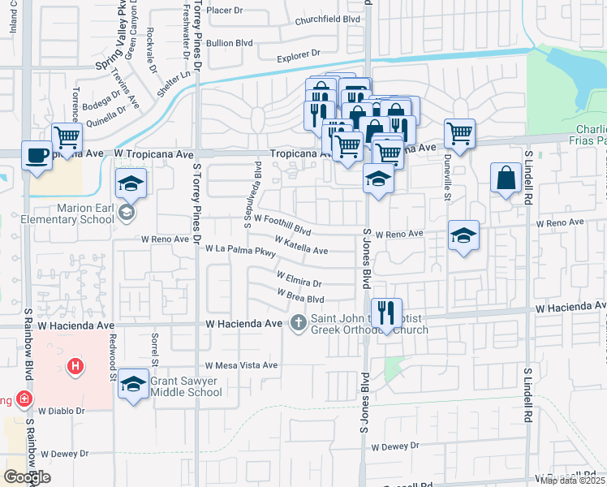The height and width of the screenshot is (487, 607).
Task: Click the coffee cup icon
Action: pos(37,155)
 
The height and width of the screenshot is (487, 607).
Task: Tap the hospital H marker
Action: pos(75,368)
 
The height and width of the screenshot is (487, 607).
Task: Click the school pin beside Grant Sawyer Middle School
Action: pos(133,382)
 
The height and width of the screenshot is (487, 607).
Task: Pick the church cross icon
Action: pos(298,324)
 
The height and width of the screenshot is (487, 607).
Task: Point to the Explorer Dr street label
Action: pos(299,56)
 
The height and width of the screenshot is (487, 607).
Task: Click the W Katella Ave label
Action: pos(301,245)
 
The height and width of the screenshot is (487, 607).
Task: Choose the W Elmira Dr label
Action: pos(299,279)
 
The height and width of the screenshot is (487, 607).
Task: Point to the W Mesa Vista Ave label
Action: pos(241,365)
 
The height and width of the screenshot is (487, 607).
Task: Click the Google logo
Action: pos(27,477)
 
